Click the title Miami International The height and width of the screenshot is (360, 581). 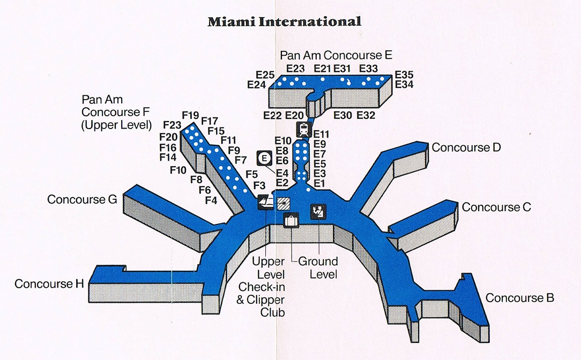pyautogui.click(x=284, y=22)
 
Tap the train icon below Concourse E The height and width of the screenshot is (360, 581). pyautogui.click(x=303, y=129)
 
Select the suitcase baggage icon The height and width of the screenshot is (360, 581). pyautogui.click(x=290, y=220)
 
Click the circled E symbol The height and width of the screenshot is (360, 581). pyautogui.click(x=264, y=158)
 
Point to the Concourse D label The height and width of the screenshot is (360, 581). pyautogui.click(x=466, y=147)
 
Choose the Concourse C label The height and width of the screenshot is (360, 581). pyautogui.click(x=496, y=207)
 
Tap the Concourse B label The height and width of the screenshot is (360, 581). pyautogui.click(x=519, y=298)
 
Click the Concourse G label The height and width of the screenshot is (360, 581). pyautogui.click(x=82, y=199)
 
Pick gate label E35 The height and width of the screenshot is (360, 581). pyautogui.click(x=404, y=74)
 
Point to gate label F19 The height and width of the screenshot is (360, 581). pyautogui.click(x=191, y=115)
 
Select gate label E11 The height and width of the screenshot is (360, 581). pyautogui.click(x=321, y=134)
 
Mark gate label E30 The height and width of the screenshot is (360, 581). pyautogui.click(x=343, y=115)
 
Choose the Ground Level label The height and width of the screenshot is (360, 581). pyautogui.click(x=318, y=267)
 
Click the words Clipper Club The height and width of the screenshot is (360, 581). pyautogui.click(x=261, y=306)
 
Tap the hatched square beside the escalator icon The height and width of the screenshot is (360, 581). pyautogui.click(x=283, y=203)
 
